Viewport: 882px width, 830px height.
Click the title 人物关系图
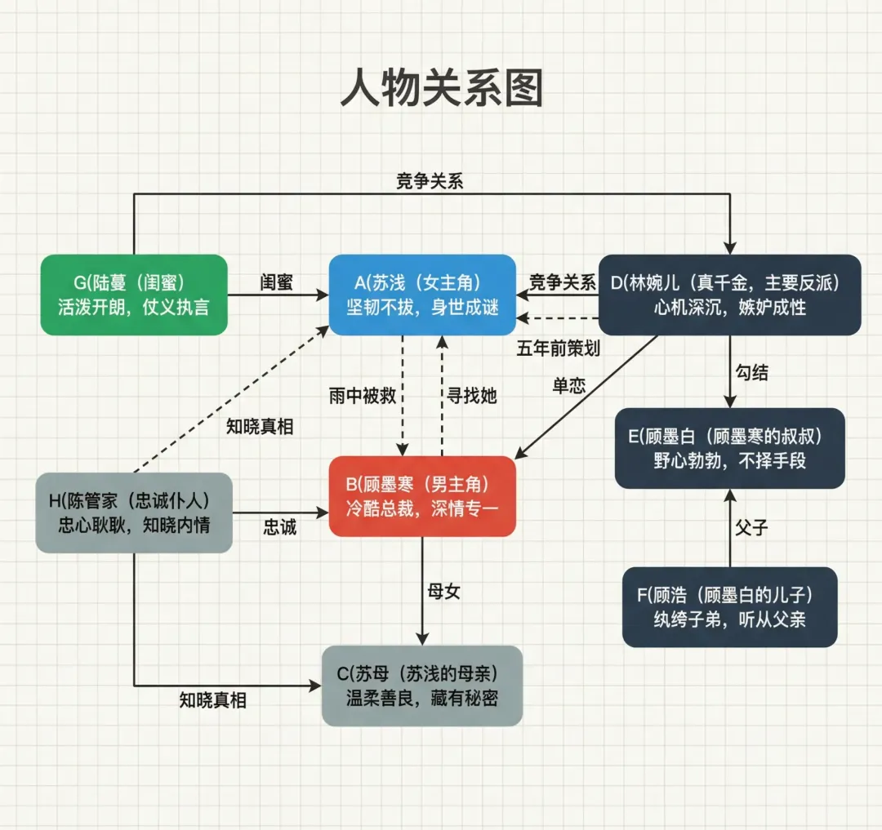click(441, 89)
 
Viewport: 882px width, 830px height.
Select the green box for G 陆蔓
click(134, 295)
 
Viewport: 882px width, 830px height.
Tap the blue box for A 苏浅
click(422, 295)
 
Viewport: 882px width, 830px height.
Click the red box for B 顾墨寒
click(422, 496)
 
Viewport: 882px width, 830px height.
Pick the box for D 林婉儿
click(730, 295)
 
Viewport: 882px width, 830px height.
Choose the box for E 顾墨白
click(730, 448)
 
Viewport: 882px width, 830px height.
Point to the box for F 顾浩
click(730, 607)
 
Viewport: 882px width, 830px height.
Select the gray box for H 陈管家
click(134, 513)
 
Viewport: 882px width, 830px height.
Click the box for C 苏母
click(422, 686)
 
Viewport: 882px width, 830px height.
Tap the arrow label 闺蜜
click(277, 282)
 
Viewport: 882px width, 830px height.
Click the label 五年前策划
click(559, 348)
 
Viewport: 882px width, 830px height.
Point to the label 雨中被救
click(363, 396)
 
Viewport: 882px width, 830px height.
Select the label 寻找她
click(471, 396)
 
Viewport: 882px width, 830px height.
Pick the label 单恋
click(569, 386)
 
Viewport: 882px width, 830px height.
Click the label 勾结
click(751, 372)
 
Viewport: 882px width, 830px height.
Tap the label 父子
click(751, 527)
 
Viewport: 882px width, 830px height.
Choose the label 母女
click(444, 591)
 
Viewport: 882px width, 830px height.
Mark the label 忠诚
click(280, 527)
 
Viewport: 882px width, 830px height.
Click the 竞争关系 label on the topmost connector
click(430, 181)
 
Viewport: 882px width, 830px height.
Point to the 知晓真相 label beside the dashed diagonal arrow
click(260, 425)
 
